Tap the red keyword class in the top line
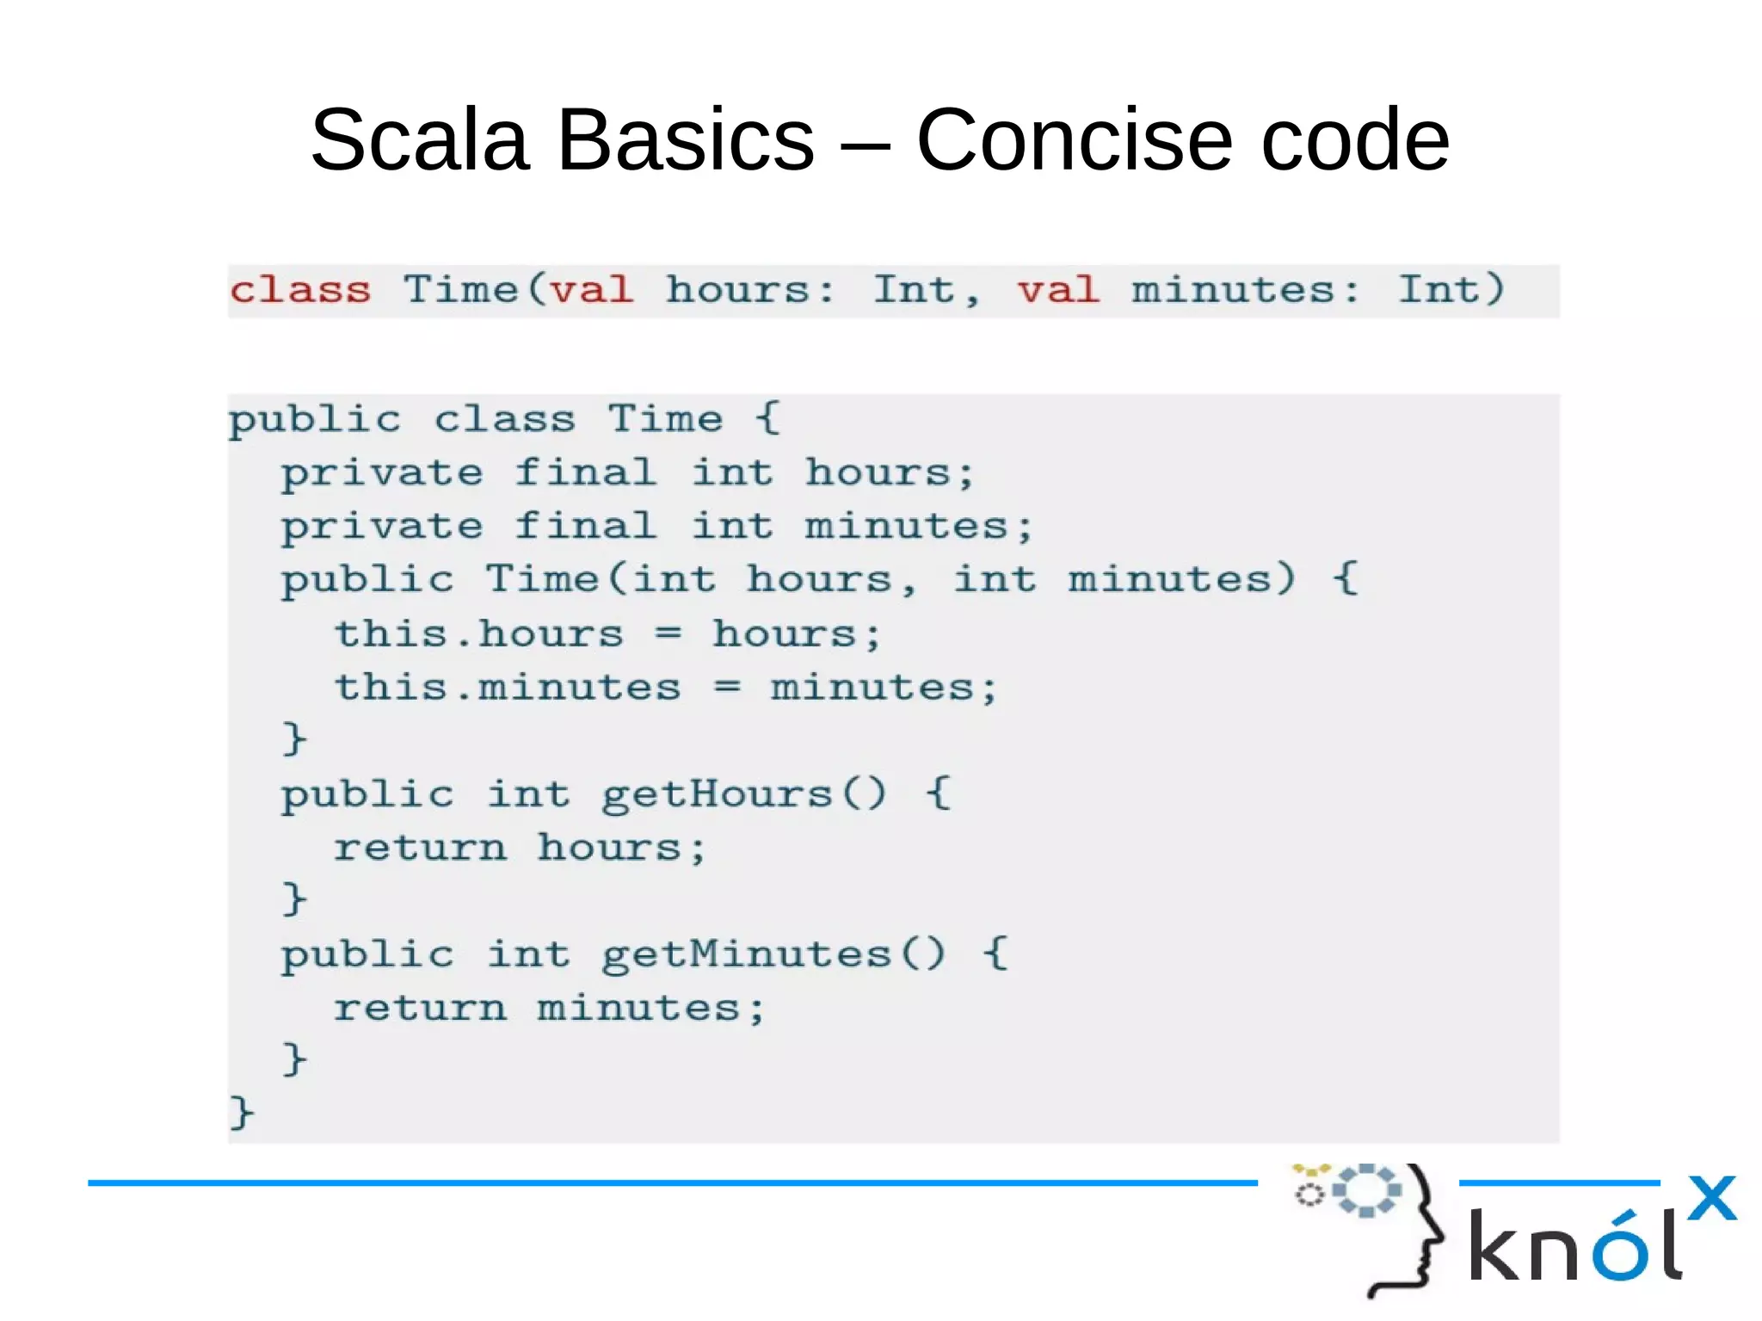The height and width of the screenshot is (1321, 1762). (300, 290)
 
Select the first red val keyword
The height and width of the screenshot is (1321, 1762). (592, 290)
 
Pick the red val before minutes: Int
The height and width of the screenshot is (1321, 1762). (1058, 290)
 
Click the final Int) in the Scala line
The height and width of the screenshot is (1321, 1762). (1451, 290)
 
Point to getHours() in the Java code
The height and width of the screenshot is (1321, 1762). (743, 793)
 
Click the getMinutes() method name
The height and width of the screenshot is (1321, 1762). (773, 954)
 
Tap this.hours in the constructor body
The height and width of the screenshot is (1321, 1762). (478, 634)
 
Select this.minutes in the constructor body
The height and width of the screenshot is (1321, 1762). (508, 688)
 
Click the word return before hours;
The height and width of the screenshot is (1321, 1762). (420, 848)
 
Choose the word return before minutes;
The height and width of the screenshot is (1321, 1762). (420, 1009)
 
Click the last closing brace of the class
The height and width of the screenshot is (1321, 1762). (241, 1112)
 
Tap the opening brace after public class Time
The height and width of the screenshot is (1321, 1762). (767, 419)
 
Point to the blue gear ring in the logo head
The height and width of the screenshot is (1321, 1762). (1366, 1190)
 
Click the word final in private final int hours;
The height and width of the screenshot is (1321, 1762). (585, 472)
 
